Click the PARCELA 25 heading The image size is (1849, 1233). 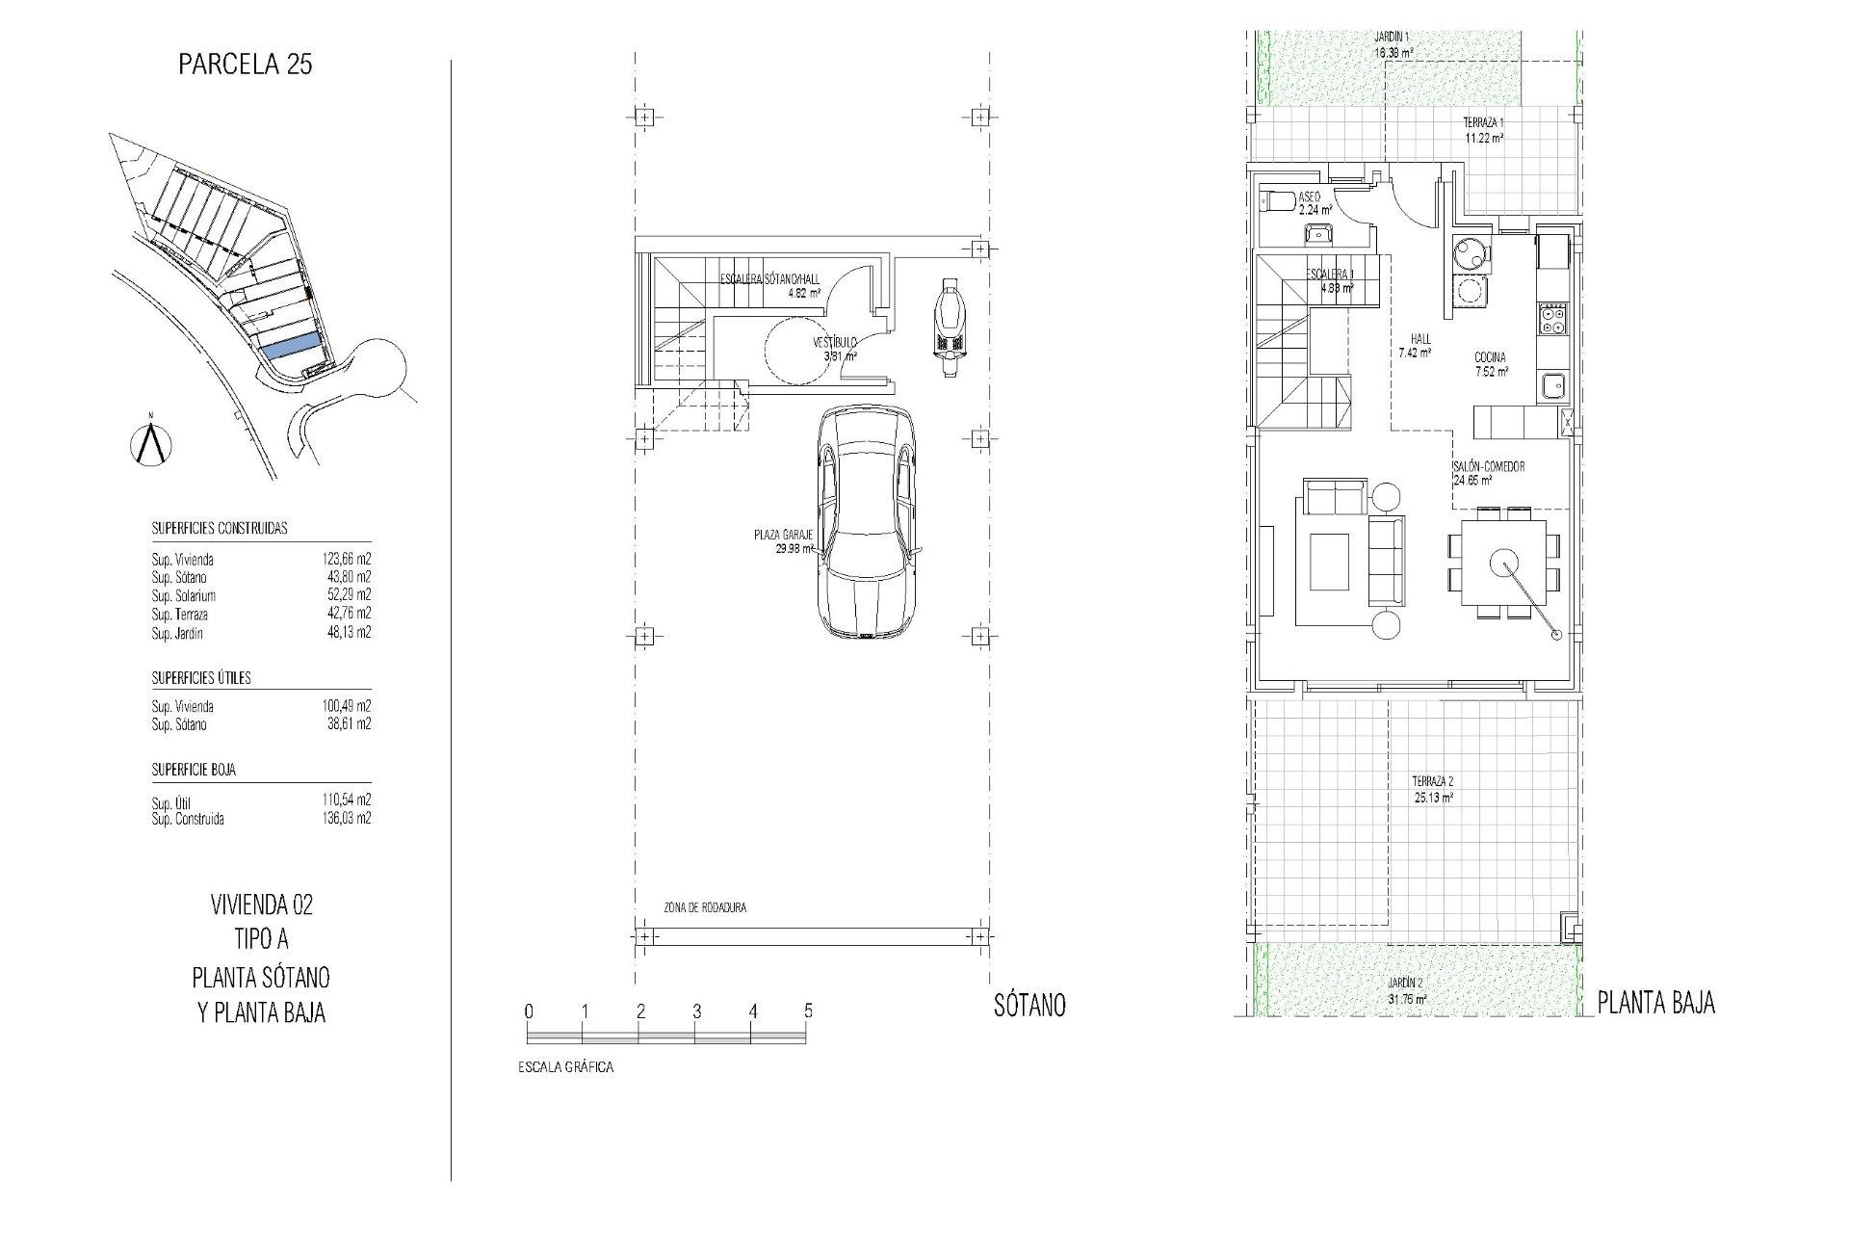246,65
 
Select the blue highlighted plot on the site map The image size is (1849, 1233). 291,347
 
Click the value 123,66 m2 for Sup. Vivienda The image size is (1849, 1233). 346,559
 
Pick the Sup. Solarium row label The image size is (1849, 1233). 183,596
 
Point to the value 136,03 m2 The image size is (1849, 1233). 346,819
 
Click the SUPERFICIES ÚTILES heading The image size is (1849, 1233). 200,678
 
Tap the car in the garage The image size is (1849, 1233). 868,521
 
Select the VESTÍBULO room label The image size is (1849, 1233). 834,343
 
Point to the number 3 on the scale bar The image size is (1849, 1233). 696,1011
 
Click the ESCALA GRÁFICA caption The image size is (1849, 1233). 565,1067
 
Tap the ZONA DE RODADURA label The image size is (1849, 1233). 704,907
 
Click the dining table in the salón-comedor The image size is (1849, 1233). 1503,562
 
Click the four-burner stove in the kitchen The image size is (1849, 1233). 1553,319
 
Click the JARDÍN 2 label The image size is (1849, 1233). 1406,983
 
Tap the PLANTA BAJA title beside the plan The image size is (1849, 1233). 1655,1004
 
